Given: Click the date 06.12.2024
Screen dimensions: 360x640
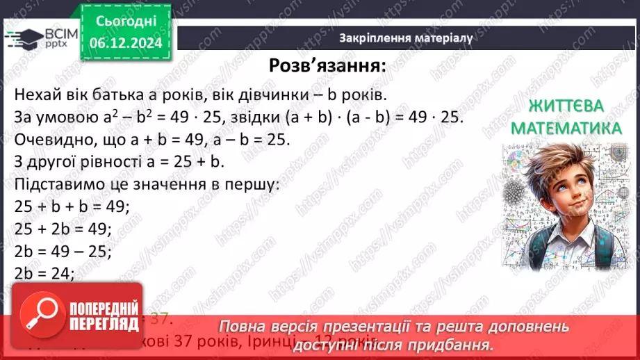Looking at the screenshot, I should (125, 43).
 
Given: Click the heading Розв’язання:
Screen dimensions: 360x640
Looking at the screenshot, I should (327, 66).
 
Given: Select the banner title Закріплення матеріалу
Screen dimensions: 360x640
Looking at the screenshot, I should (406, 38).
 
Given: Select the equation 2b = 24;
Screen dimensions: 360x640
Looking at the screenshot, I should (44, 273).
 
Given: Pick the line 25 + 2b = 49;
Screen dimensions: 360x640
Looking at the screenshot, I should (62, 229).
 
